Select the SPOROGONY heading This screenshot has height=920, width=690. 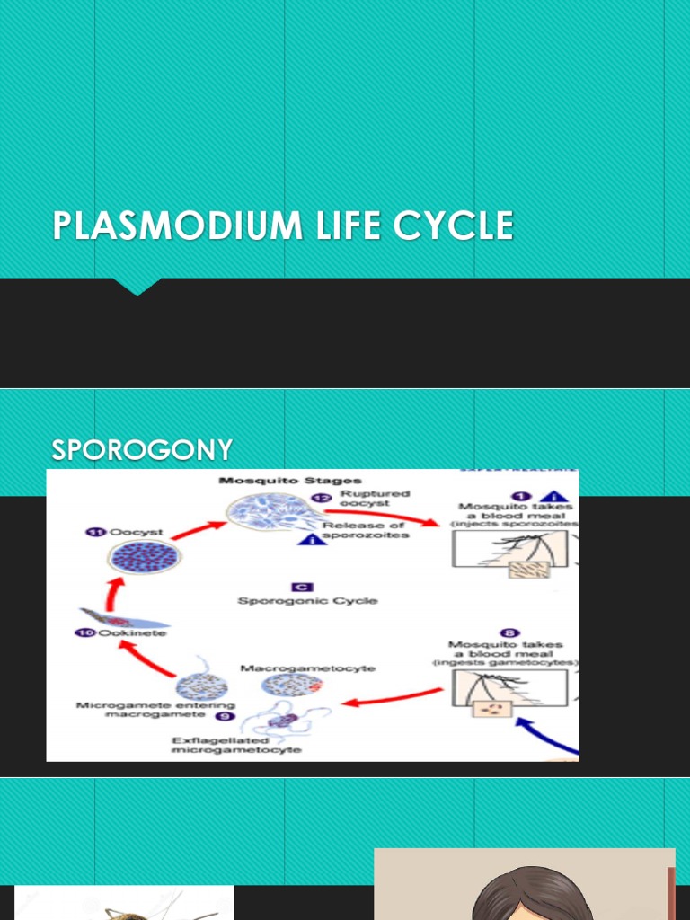[x=142, y=450]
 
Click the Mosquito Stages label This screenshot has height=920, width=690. [x=290, y=482]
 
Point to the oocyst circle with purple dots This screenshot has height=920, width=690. [x=144, y=558]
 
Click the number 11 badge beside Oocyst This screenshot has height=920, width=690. [x=92, y=532]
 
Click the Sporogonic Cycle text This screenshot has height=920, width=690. [x=308, y=600]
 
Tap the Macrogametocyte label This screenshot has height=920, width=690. [x=308, y=668]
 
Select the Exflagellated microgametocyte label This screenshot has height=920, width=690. [x=236, y=745]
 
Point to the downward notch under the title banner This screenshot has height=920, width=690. [x=137, y=286]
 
